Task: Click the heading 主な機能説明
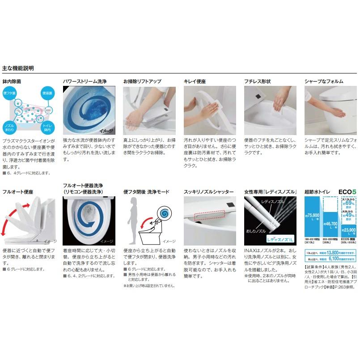pyautogui.click(x=18, y=68)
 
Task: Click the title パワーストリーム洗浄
pyautogui.click(x=85, y=81)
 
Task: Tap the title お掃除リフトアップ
pyautogui.click(x=142, y=81)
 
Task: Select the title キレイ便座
pyautogui.click(x=194, y=81)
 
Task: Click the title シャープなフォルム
pyautogui.click(x=324, y=81)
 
